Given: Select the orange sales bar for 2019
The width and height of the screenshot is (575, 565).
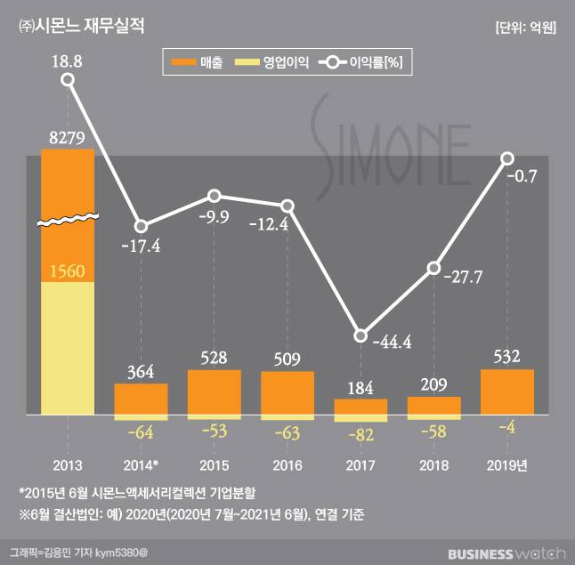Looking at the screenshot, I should (507, 391).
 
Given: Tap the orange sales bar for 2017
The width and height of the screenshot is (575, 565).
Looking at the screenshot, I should (360, 406).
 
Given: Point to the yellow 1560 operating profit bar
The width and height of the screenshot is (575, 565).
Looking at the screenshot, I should (68, 348).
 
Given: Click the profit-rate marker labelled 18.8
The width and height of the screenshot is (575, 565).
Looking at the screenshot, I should (68, 80).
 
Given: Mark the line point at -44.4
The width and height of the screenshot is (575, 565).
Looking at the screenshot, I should (360, 335).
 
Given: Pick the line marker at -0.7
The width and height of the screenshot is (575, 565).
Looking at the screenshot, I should (507, 158).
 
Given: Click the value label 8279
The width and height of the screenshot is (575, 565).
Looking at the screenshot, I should (68, 136).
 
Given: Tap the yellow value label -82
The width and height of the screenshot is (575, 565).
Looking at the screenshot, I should (360, 434).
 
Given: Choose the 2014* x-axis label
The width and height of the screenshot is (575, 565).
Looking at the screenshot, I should (141, 465).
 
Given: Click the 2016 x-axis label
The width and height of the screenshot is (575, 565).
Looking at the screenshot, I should (287, 465).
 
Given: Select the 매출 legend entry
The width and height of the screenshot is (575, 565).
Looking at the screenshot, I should (196, 62).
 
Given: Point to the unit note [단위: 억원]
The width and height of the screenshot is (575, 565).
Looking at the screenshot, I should (524, 28).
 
